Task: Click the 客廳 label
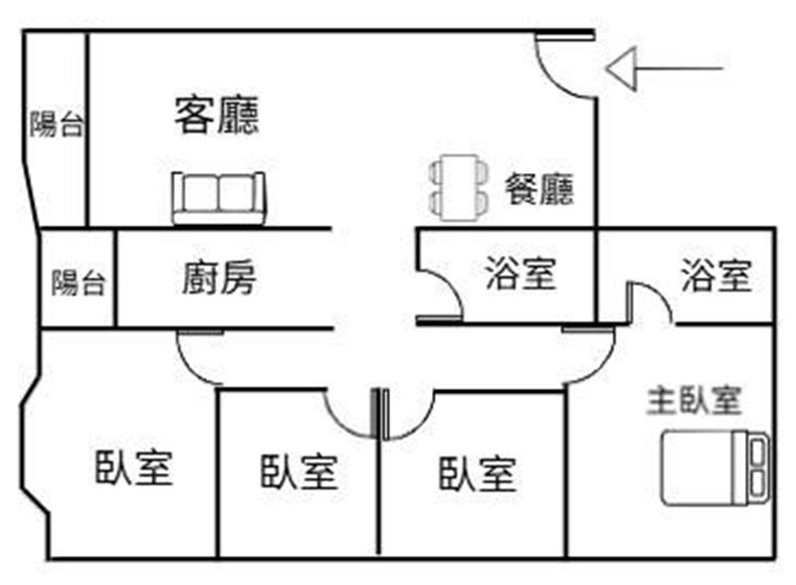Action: [217, 115]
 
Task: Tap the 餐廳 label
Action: [538, 188]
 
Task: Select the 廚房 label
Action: [219, 279]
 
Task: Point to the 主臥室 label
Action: [695, 400]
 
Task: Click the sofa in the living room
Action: [219, 197]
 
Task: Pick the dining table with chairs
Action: [459, 187]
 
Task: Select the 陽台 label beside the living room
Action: [56, 124]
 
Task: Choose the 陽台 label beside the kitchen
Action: [78, 283]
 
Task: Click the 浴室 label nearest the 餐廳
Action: [520, 274]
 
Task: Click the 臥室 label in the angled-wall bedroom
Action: [134, 467]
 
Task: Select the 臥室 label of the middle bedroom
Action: [298, 472]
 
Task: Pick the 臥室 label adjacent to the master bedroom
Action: [478, 474]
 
